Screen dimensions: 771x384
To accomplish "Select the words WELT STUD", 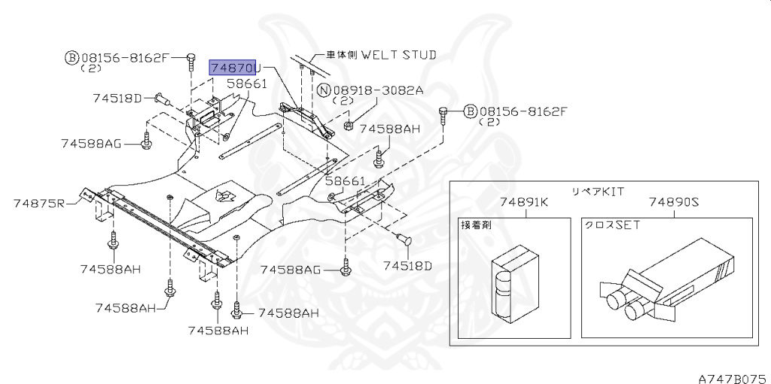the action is (x=398, y=54).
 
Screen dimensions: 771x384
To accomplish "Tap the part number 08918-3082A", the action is (x=378, y=90).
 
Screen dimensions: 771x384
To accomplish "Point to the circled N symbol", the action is (x=324, y=90).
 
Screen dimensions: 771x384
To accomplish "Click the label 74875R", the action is (x=39, y=203).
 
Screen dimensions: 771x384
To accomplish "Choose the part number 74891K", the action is (x=525, y=202).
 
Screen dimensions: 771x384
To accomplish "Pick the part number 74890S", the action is (x=674, y=202).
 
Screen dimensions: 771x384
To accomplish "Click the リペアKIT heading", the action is (x=596, y=191).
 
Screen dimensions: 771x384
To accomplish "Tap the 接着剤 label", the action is (x=476, y=225).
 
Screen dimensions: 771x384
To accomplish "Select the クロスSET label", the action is (x=612, y=225).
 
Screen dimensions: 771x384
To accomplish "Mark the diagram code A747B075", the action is (x=735, y=379).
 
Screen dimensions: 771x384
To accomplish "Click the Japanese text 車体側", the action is (x=343, y=54).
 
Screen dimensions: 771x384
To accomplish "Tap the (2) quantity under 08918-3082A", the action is (x=343, y=101).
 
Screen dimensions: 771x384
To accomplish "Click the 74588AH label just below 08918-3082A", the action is (x=389, y=129).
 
